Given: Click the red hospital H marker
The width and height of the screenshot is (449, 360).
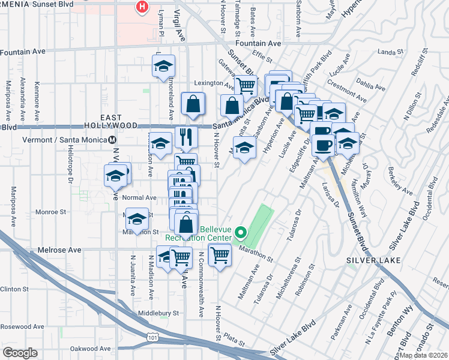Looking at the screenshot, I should tap(142, 7).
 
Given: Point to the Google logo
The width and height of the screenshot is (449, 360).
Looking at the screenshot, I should tap(20, 352).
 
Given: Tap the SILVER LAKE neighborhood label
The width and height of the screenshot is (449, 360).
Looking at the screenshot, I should tap(368, 260).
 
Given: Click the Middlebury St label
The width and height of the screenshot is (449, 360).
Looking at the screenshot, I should tap(159, 313).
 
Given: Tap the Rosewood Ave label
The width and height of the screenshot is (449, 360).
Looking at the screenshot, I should tap(22, 327).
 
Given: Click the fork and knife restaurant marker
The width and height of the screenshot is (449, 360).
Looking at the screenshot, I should tap(186, 137).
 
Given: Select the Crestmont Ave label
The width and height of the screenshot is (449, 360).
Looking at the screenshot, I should tap(346, 94).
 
